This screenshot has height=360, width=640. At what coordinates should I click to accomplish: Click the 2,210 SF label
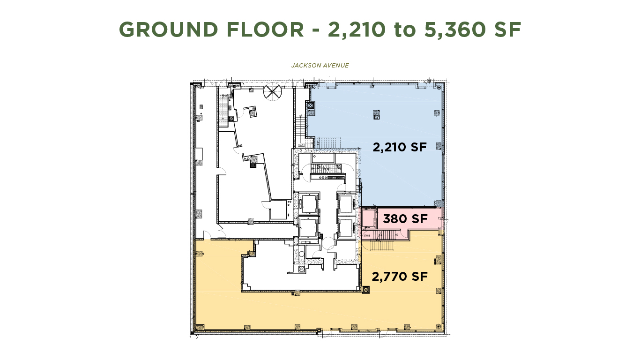coord(400,147)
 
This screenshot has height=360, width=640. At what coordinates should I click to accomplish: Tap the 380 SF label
coord(405,219)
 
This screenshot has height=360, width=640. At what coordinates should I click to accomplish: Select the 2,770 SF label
coord(400,277)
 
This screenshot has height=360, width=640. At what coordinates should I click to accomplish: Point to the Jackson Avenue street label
coord(320,66)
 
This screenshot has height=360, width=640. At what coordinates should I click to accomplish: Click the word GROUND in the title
coord(168,30)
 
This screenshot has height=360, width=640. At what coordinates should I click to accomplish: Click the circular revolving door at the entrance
coord(273,92)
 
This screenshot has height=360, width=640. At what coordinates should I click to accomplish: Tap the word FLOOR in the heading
coord(265,30)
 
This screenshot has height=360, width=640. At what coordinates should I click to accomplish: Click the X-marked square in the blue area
coord(311,105)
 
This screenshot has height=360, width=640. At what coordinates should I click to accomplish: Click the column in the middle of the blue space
coord(376,112)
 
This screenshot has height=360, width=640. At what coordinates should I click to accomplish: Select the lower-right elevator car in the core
coord(346,228)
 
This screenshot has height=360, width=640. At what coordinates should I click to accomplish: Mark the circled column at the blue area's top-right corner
coord(439,88)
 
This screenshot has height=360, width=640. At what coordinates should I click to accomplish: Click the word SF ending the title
coord(506,30)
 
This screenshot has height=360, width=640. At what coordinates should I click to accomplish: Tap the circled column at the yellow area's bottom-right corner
coord(438,326)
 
